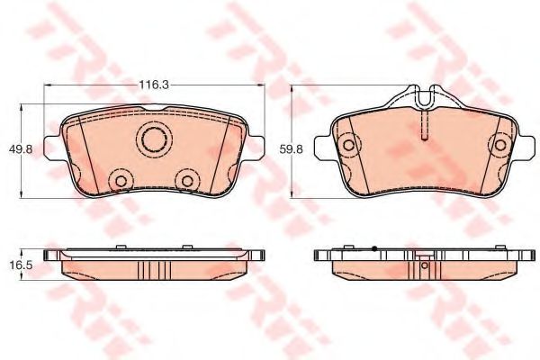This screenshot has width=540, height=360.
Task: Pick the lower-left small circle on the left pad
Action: click(119, 181)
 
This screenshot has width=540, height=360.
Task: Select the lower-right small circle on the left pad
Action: click(187, 181)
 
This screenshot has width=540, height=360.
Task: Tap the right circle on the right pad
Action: click(499, 142)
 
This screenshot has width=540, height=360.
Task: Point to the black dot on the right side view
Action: click(373, 247)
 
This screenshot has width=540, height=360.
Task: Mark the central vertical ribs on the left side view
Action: click(154, 270)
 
